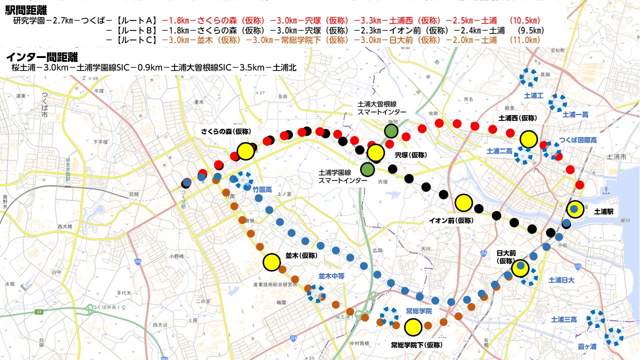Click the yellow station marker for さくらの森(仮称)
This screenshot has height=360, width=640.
(x=245, y=151)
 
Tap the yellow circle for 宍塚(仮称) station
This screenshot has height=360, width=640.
(x=375, y=153)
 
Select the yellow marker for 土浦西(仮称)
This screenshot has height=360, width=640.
(x=528, y=139)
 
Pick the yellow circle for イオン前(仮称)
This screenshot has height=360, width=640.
(x=464, y=202)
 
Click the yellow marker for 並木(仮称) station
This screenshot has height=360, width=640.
(x=271, y=261)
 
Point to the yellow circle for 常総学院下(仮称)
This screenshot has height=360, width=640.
(x=413, y=327)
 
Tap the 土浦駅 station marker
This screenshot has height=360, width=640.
(x=574, y=209)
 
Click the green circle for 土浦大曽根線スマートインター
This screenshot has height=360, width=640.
(x=391, y=131)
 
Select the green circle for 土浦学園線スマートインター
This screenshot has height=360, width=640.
(x=367, y=169)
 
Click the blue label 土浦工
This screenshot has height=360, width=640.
(x=533, y=95)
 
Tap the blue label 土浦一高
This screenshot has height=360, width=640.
(x=575, y=114)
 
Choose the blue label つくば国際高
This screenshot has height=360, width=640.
(x=578, y=140)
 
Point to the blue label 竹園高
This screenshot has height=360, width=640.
(x=262, y=189)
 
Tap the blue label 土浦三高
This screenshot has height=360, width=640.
(x=564, y=319)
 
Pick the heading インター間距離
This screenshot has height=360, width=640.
(x=38, y=56)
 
